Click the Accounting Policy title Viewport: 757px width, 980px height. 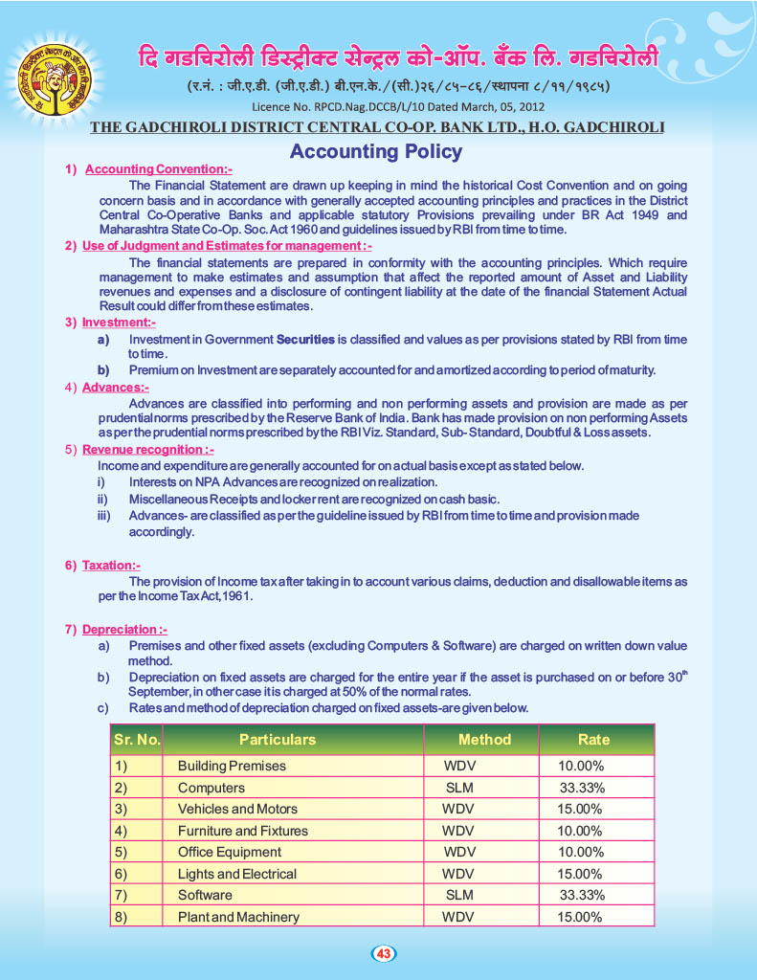coord(376,151)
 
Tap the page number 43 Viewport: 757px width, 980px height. coord(383,953)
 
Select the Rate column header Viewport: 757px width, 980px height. coord(593,740)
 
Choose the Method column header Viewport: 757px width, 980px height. coord(484,740)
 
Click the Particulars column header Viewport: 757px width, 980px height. coord(278,740)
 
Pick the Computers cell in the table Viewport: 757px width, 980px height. coord(212,788)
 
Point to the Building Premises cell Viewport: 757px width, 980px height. coord(232,766)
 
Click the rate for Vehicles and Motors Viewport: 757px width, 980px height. coord(580,809)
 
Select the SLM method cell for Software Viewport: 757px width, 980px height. coord(459,895)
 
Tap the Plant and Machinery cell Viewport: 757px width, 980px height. coord(238,917)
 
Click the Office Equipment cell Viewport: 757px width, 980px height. coord(230,852)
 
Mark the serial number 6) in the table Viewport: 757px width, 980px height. coord(121,874)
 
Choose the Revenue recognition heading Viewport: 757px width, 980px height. coord(148,449)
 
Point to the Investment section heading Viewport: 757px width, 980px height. coord(119,323)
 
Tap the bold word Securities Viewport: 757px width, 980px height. coord(305,340)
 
